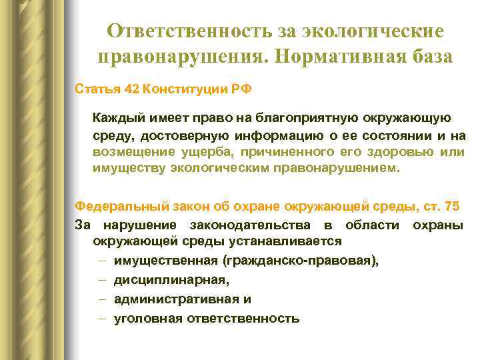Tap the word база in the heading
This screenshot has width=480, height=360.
click(x=427, y=57)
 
